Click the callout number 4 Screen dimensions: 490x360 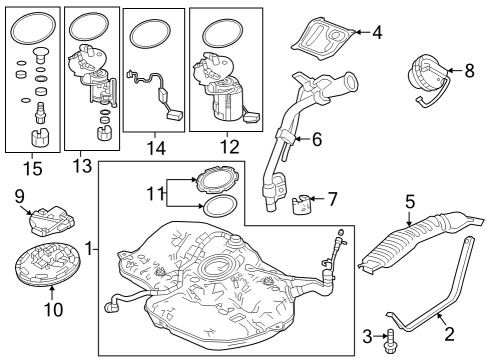point(377,33)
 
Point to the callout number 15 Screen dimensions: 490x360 point(33,168)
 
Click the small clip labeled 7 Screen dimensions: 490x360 point(301,204)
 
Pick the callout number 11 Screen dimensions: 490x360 point(155,194)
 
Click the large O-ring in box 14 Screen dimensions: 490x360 point(150,34)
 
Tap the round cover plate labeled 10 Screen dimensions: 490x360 point(48,265)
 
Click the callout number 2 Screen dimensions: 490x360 point(449,334)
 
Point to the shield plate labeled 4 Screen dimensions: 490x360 point(322,38)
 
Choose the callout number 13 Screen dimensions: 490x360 point(82,166)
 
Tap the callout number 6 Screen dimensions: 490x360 point(317,139)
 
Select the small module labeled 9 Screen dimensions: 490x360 point(52,221)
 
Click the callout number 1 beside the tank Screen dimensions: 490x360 point(89,249)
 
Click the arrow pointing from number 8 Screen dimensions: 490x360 point(454,70)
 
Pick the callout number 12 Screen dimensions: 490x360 point(230,147)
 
